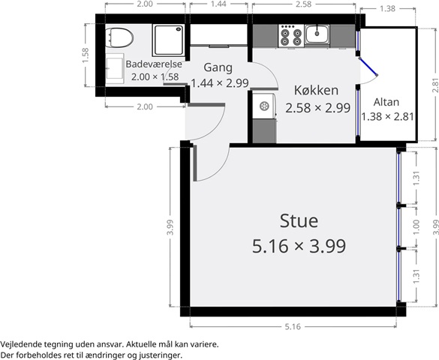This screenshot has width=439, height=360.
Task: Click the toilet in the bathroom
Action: click(119, 37)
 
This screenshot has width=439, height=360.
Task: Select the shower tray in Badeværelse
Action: click(169, 40)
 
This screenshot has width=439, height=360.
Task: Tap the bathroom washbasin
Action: click(115, 68)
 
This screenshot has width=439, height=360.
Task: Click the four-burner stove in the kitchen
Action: click(291, 36)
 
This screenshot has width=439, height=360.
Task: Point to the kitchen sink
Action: click(317, 34)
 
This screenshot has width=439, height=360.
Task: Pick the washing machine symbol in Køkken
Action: click(264, 106)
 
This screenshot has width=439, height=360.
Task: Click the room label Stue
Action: click(299, 220)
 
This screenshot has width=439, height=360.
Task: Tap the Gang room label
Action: click(218, 67)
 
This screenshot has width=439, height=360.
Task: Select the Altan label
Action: click(386, 102)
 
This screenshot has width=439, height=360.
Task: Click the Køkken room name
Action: click(316, 90)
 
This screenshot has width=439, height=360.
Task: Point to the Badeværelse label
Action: click(154, 64)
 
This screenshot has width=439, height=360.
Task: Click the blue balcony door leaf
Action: click(368, 67)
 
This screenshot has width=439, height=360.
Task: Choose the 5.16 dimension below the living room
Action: click(293, 326)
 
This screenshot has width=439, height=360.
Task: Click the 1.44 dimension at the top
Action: click(218, 4)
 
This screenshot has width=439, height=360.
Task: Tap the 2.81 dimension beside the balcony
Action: click(435, 85)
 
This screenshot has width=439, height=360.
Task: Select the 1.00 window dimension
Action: click(416, 227)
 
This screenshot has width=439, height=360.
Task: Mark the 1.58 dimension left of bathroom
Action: click(86, 55)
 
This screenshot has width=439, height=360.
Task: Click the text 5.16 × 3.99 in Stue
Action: click(299, 246)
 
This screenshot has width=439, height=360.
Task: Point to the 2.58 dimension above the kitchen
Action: click(303, 4)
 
